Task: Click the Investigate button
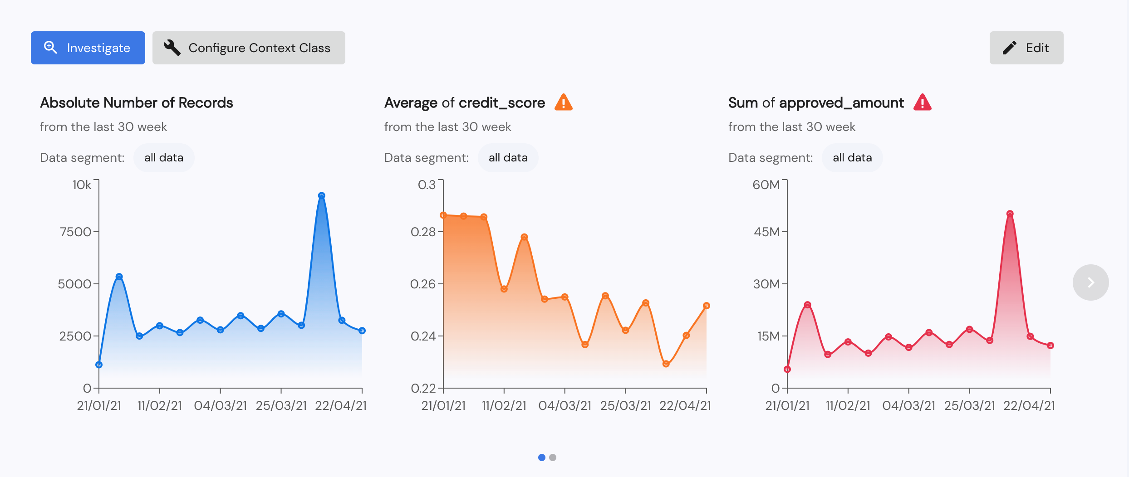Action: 88,48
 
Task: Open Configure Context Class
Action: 249,48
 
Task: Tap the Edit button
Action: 1026,48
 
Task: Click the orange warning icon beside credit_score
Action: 563,102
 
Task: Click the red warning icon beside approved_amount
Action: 922,102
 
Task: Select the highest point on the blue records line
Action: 321,196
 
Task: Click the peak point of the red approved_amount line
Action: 1010,214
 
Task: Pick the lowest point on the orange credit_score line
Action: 666,364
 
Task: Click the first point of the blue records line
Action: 99,365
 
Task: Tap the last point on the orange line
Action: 706,306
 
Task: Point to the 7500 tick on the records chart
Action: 75,232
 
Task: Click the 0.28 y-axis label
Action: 423,232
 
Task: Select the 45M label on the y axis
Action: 766,232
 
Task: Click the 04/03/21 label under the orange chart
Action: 564,405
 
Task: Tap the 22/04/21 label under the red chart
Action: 1029,405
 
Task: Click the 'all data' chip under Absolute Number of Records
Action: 164,158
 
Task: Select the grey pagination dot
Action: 552,458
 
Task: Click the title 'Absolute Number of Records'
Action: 137,103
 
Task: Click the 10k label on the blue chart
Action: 82,185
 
